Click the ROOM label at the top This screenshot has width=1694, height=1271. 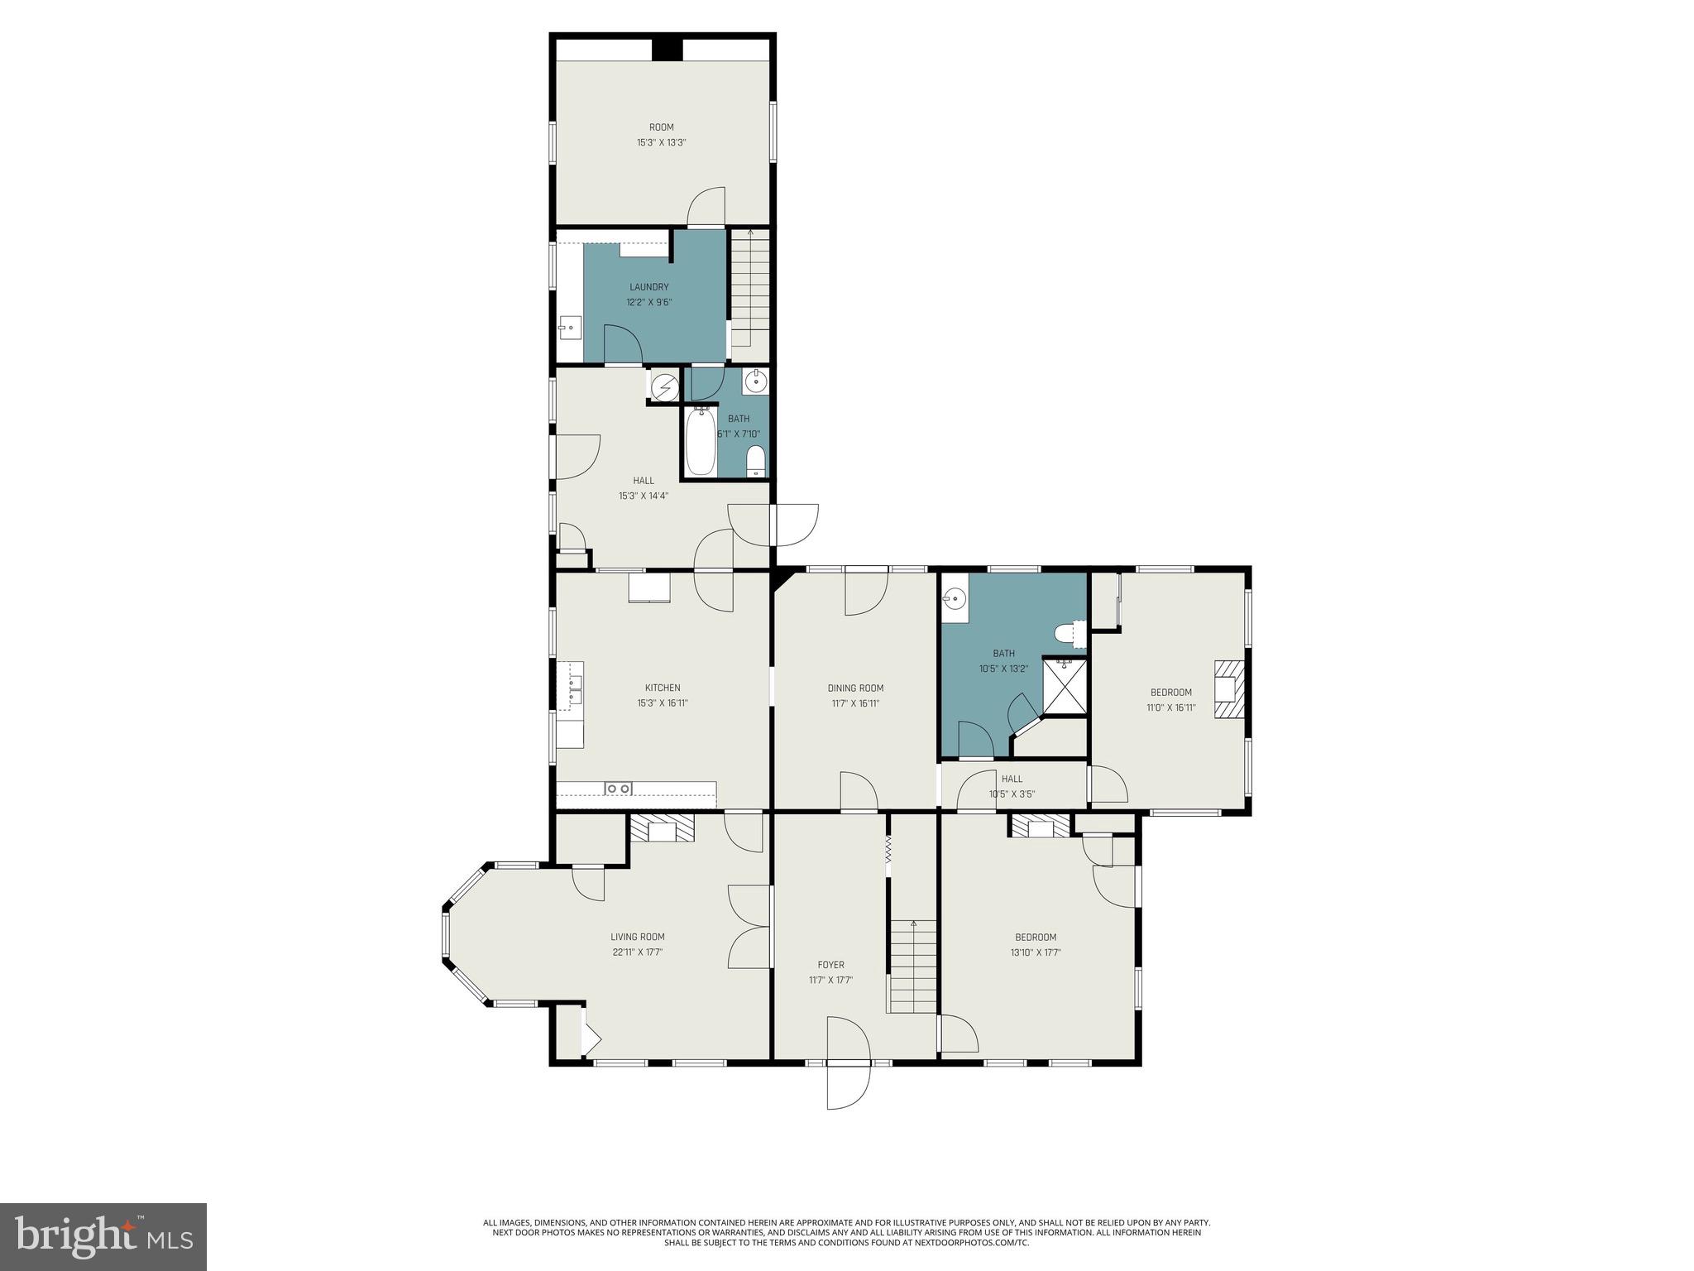[x=661, y=127]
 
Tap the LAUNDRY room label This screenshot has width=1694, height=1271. [x=648, y=287]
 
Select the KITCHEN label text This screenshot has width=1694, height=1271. [x=663, y=688]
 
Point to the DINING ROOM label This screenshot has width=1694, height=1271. [x=855, y=688]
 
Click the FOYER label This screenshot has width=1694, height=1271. [x=830, y=965]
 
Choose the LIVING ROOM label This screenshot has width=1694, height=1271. [x=637, y=937]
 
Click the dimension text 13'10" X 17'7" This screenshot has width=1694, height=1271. [x=1036, y=952]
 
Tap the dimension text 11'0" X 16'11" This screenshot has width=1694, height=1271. [x=1170, y=707]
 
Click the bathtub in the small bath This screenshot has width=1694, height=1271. [x=700, y=443]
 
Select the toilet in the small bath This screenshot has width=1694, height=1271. [x=755, y=460]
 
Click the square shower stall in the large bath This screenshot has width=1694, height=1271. [x=1065, y=686]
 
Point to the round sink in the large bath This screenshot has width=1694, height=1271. [x=955, y=597]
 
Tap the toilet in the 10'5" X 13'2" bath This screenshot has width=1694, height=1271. [x=1070, y=635]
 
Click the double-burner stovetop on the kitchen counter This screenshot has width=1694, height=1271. [x=619, y=789]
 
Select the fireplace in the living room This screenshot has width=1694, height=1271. [x=662, y=828]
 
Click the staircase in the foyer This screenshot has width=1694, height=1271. [x=912, y=966]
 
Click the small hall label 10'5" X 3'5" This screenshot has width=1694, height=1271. [x=1012, y=794]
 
